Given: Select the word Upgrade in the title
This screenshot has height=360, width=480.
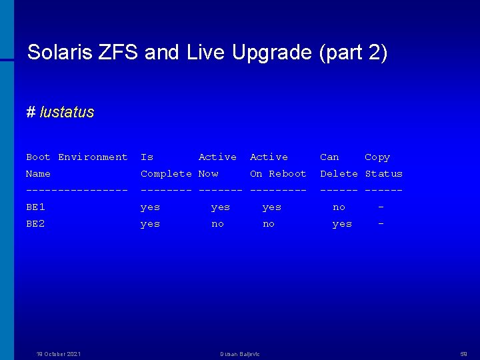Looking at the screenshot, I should tap(271, 53).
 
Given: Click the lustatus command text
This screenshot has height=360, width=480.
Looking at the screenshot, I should tap(67, 112).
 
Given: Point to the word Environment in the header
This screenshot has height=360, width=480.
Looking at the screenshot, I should tap(93, 157).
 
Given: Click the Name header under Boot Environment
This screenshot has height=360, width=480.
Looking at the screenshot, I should tap(38, 174).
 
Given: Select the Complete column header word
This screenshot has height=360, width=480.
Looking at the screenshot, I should tap(166, 174).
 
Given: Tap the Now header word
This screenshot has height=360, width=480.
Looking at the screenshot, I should tap(208, 174).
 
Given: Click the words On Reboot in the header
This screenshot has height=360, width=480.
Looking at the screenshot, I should tap(278, 174).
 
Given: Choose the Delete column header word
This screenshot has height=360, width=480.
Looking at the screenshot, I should tap(339, 174).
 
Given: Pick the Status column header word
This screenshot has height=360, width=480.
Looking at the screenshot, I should tap(383, 174).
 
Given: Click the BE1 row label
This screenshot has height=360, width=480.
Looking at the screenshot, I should tap(35, 207).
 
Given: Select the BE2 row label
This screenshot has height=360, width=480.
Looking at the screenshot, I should tap(35, 224).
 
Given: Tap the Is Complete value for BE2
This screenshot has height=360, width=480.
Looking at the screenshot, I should tap(150, 224).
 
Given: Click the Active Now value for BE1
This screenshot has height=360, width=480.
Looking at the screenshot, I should tap(220, 207).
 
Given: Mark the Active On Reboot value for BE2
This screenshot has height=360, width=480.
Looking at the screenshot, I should tap(268, 224).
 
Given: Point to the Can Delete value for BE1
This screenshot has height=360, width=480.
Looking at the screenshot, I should tap(339, 207).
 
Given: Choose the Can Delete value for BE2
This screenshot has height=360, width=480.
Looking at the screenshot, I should tap(342, 224).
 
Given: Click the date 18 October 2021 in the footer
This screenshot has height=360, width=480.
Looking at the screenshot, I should tap(59, 354).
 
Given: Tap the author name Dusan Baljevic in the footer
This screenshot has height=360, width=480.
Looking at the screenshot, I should tap(240, 354).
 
